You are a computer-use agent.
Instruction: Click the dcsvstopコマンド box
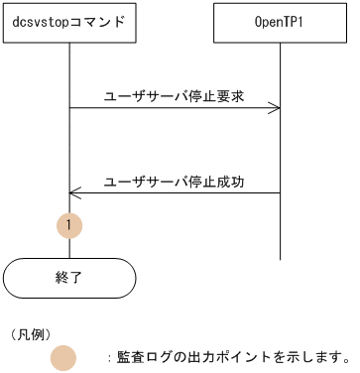tap(69, 22)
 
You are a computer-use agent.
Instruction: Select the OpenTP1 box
tap(280, 22)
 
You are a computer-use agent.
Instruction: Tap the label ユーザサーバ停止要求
tap(175, 96)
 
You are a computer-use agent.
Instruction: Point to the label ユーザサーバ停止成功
tap(175, 182)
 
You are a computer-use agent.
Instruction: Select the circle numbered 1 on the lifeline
tap(69, 226)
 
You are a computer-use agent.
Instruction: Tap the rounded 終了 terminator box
tap(69, 278)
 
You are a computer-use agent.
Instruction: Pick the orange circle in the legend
tap(63, 357)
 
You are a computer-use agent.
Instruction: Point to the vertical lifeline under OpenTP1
tap(280, 149)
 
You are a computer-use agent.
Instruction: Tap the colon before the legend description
tap(108, 357)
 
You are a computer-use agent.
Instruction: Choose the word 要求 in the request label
tap(232, 96)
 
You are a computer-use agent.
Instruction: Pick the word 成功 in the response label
tap(232, 182)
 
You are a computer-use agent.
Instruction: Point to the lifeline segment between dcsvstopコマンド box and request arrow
tap(69, 74)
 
